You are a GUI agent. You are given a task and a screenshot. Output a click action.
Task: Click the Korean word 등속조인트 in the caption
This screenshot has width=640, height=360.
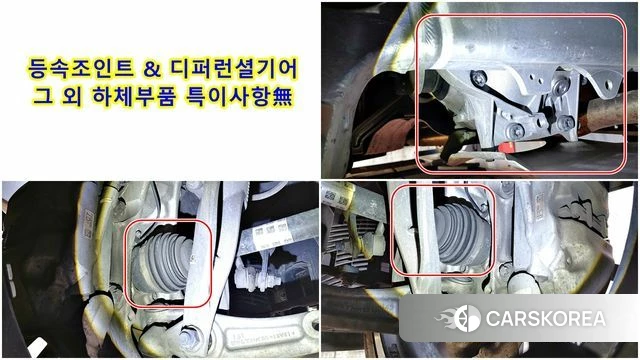(x=80, y=68)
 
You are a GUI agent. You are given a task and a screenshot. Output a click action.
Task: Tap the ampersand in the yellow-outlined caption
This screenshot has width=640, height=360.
(x=152, y=69)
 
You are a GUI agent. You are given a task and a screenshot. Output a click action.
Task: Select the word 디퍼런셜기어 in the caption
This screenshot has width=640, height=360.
(x=234, y=68)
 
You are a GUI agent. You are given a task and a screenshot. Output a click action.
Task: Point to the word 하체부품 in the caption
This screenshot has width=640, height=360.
(x=134, y=96)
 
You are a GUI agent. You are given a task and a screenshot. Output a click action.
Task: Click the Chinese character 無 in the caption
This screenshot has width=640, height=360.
(x=282, y=97)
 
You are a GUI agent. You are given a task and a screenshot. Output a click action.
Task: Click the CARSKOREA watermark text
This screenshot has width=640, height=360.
(x=546, y=319)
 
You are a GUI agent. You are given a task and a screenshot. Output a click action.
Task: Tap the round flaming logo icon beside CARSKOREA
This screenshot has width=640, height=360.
(x=467, y=318)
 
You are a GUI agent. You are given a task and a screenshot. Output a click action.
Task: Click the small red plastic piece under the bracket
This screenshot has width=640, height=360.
(x=507, y=147)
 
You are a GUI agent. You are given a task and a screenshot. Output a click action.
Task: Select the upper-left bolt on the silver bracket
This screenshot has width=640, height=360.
(x=478, y=78)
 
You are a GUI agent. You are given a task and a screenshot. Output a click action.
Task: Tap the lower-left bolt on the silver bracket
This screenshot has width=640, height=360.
(x=516, y=130)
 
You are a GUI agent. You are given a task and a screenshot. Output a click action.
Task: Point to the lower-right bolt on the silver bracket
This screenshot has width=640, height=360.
(x=565, y=122)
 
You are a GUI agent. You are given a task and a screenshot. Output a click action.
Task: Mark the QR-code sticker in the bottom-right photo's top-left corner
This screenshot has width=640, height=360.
(x=336, y=197)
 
